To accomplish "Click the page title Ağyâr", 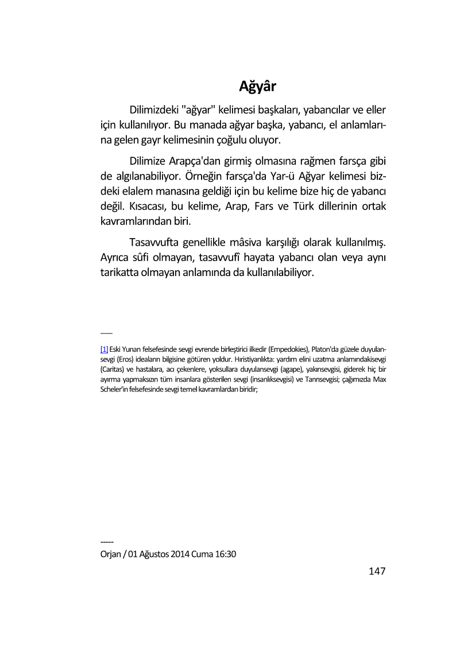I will [258, 87].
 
